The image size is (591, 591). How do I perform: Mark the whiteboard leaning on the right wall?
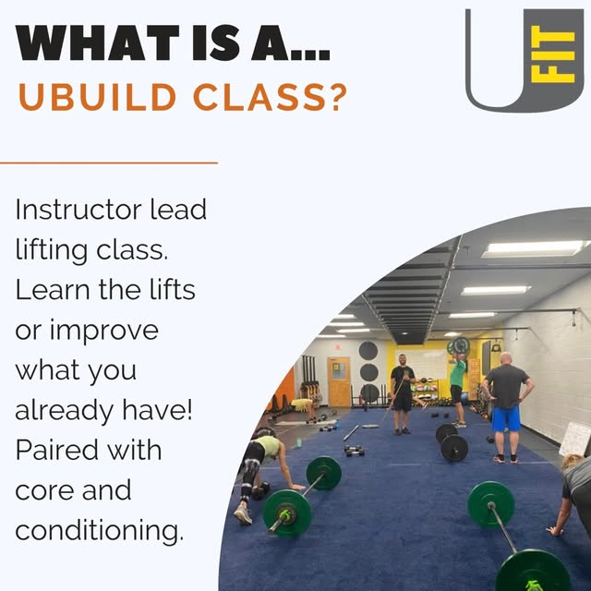(575, 438)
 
